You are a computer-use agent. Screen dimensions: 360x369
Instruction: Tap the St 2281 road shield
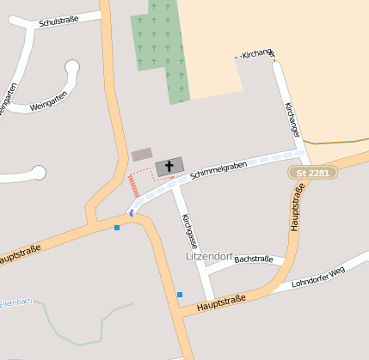[x=312, y=173]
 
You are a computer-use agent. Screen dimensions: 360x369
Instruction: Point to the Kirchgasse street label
[x=188, y=231]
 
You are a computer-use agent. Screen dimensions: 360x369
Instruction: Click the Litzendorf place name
[x=209, y=257]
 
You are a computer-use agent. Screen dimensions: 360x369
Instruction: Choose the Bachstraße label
[x=253, y=259]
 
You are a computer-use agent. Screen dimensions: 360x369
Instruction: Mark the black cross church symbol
[x=169, y=166]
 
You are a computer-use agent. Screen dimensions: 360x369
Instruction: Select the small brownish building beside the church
[x=142, y=155]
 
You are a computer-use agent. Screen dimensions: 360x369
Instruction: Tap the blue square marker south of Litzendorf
[x=180, y=295]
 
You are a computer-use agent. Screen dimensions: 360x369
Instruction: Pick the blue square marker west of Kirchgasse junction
[x=117, y=227]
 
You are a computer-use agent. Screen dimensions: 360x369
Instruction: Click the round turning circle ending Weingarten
[x=72, y=66]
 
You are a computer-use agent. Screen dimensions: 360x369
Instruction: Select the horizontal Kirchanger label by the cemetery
[x=256, y=55]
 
